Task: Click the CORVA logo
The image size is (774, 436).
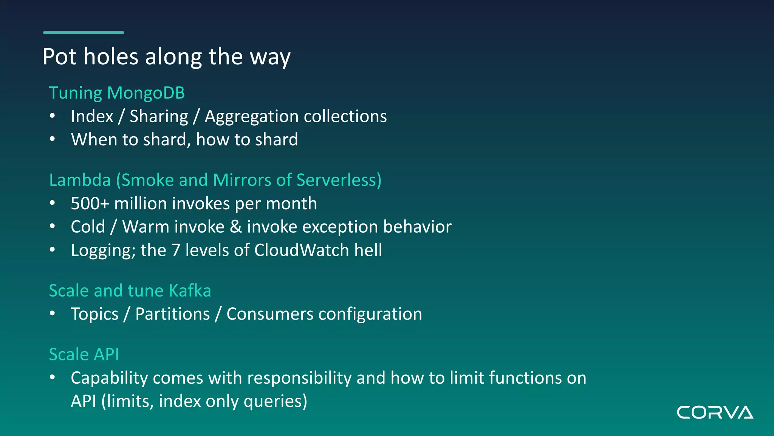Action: (x=715, y=413)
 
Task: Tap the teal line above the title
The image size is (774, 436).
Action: (x=84, y=33)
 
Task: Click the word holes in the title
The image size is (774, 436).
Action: (x=111, y=57)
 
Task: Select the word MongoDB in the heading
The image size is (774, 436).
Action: (x=146, y=93)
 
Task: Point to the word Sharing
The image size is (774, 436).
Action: (x=159, y=116)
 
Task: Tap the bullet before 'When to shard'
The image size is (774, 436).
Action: (x=53, y=139)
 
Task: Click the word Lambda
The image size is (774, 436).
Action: (x=80, y=180)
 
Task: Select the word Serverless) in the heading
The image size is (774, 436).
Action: (x=339, y=180)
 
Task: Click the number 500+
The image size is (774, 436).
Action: (x=90, y=204)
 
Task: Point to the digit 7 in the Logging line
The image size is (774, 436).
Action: (x=176, y=250)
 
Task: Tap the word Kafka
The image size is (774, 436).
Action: (x=190, y=291)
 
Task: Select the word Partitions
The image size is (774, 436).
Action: (x=172, y=314)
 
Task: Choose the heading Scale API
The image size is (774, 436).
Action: (x=84, y=355)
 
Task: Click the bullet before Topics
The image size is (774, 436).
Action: (x=53, y=313)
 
